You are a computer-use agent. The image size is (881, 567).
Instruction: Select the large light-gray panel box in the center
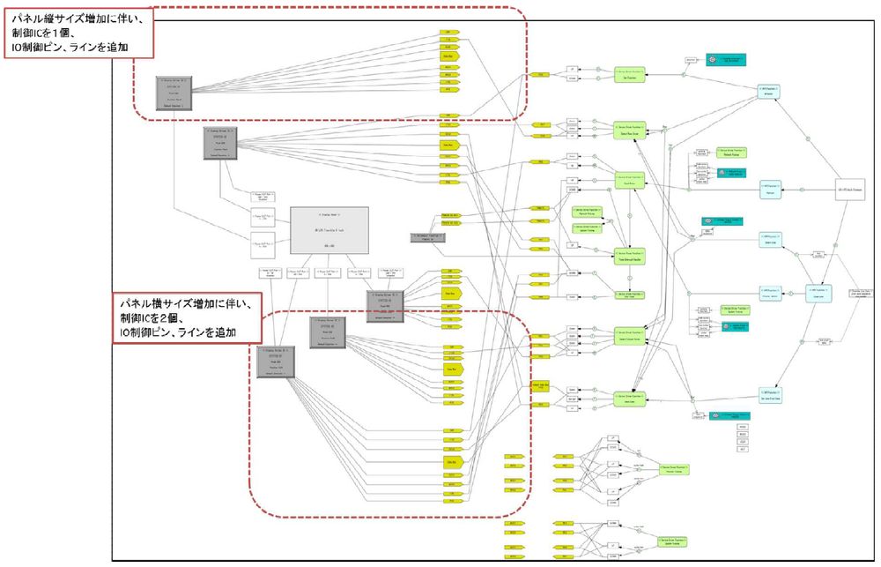(x=329, y=228)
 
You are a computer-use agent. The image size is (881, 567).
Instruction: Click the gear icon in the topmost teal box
(x=712, y=59)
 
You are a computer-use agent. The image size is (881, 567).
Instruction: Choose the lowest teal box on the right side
(x=727, y=414)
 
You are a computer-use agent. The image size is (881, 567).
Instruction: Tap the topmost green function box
(x=630, y=76)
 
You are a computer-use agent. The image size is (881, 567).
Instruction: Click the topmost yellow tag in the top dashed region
(x=449, y=34)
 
